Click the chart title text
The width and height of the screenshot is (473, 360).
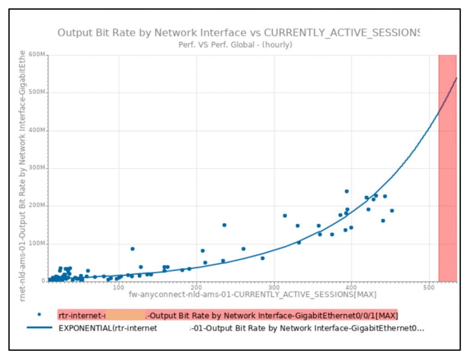pos(238,33)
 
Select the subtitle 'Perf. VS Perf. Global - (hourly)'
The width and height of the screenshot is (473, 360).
pos(235,45)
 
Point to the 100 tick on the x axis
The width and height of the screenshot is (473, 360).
pos(118,287)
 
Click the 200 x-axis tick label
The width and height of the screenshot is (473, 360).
pos(196,287)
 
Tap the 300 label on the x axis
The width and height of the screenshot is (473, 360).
pos(274,287)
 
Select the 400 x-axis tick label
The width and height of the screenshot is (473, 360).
pos(352,287)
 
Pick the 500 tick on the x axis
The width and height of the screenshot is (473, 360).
pos(430,287)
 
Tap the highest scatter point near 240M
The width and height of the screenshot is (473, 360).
pos(346,191)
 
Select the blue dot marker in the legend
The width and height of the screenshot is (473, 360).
pos(39,314)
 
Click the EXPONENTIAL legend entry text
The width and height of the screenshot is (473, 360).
pos(240,329)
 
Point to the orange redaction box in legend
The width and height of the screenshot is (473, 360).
pos(125,315)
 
